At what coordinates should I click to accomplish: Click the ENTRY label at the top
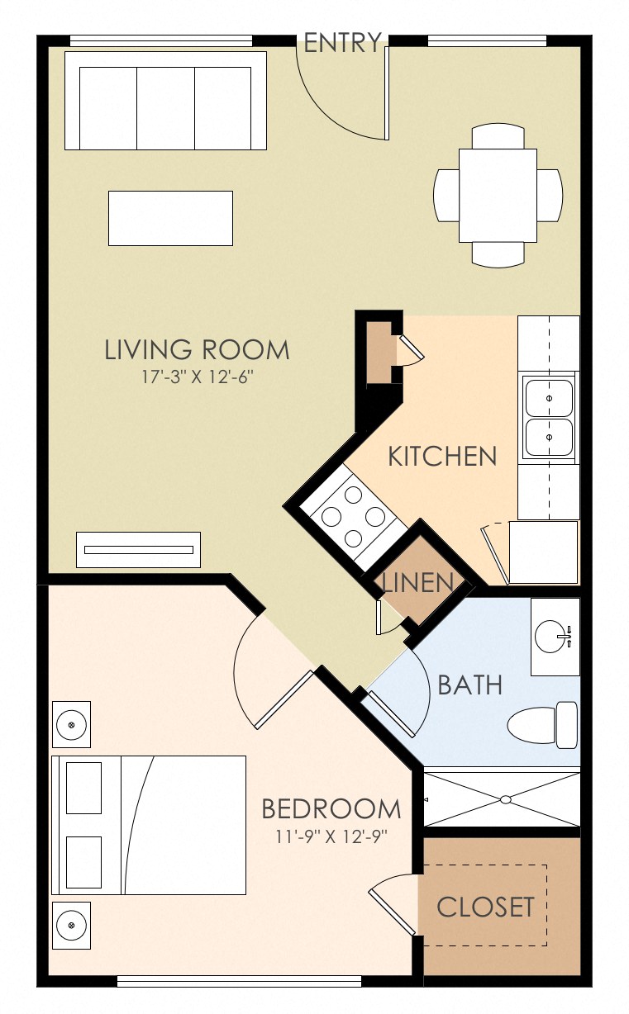(342, 43)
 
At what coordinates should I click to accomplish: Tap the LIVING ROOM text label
(197, 349)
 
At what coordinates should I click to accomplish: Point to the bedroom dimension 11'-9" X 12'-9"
(331, 835)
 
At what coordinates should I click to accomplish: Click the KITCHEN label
(442, 456)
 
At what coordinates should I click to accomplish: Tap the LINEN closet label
(418, 583)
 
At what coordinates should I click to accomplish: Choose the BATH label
(469, 685)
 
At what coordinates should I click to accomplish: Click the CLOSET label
(485, 907)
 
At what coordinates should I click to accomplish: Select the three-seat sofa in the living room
(165, 101)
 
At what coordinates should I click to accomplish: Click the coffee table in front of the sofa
(170, 218)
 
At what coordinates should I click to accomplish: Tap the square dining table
(498, 195)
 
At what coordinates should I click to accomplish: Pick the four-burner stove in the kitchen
(353, 517)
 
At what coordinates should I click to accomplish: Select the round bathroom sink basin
(551, 637)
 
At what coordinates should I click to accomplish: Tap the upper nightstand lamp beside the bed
(71, 724)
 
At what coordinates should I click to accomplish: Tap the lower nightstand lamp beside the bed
(71, 926)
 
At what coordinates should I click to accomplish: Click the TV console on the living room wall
(138, 550)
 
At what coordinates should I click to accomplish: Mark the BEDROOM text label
(331, 808)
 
